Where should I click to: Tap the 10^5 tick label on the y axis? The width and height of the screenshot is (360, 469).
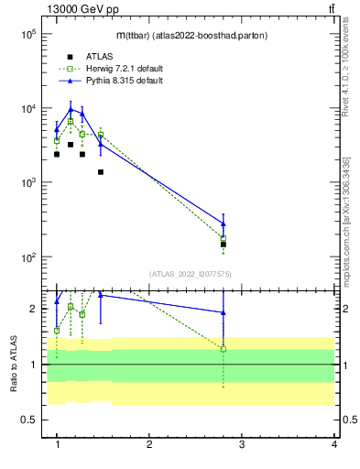(27, 34)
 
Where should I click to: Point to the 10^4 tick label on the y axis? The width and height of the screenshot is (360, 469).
(27, 108)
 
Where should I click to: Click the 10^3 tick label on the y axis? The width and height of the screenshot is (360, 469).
(27, 182)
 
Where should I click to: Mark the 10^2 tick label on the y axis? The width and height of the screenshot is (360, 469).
(27, 256)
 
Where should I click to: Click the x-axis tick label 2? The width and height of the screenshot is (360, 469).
(149, 444)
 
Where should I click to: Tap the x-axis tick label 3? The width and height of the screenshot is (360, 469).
(242, 444)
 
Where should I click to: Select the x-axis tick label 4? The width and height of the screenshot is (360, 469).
(334, 444)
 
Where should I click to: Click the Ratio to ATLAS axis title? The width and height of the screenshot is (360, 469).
(13, 365)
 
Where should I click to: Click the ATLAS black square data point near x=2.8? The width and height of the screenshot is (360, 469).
(224, 245)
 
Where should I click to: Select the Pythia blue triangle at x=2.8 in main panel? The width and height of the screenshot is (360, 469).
(224, 223)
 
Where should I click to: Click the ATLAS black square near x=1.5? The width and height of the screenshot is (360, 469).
(101, 172)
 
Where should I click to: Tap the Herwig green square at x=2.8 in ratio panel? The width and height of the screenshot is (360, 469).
(224, 349)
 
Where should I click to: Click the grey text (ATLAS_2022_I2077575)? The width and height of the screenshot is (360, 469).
(191, 273)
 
